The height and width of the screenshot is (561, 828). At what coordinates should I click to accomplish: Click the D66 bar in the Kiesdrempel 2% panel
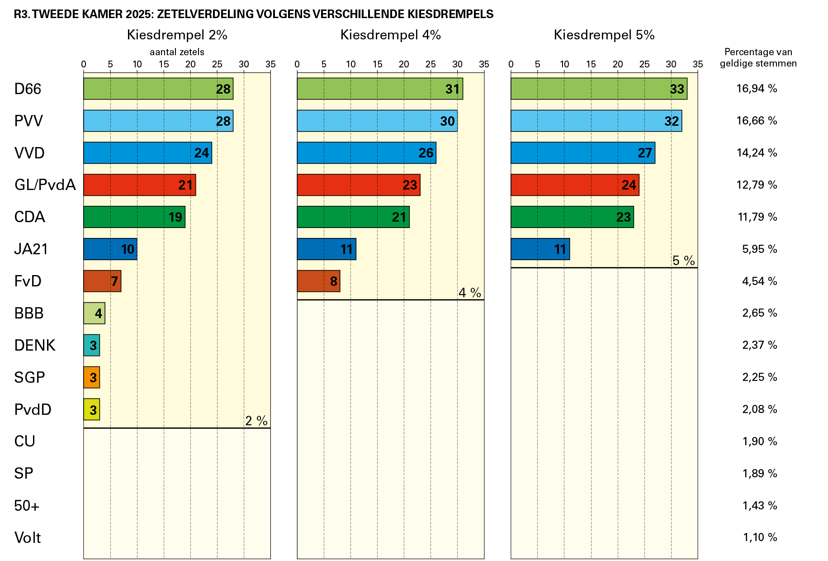tap(158, 89)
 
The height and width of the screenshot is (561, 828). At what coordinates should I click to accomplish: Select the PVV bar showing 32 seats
tap(596, 121)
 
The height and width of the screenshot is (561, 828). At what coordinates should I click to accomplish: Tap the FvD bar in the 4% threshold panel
tap(318, 281)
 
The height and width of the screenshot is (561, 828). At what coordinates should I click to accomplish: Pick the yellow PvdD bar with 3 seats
tap(91, 409)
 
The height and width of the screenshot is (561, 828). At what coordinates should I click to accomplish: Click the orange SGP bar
tap(91, 377)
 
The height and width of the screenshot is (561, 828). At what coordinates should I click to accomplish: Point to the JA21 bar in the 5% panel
tap(540, 249)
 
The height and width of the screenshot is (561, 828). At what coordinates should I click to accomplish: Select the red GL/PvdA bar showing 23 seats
tap(358, 185)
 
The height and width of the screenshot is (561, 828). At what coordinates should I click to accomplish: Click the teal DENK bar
tap(91, 345)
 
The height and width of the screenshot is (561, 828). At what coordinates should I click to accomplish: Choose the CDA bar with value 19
tap(134, 217)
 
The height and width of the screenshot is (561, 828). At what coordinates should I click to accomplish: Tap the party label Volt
tap(28, 537)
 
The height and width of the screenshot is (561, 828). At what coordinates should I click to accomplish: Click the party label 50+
tap(27, 505)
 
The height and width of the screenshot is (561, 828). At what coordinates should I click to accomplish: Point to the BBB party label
tap(29, 313)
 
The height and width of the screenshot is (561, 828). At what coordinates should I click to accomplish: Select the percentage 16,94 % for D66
tap(757, 89)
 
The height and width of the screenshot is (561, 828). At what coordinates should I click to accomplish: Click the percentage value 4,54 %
tap(759, 281)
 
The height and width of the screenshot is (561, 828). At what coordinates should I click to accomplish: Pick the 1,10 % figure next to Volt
tap(760, 537)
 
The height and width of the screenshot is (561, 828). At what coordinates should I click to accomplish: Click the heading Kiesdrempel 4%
tap(390, 35)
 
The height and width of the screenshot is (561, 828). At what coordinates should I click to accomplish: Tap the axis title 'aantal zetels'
tap(177, 52)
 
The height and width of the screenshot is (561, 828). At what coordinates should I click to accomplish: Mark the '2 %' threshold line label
tap(256, 421)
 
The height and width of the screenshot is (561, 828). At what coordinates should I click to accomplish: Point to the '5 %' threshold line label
tap(683, 261)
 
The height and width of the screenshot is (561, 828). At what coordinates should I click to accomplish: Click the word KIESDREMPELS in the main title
tap(450, 14)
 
